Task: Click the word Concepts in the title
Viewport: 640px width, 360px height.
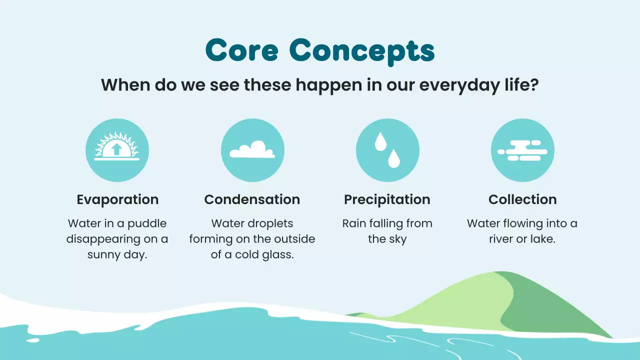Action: (x=361, y=50)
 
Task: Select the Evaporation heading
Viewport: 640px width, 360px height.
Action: (x=117, y=199)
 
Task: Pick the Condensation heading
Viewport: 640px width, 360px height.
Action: (x=252, y=199)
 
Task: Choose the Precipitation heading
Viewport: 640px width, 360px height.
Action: (x=387, y=199)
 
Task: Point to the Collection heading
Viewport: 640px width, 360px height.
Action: (x=522, y=199)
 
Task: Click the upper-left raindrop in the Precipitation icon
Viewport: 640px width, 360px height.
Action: (x=380, y=142)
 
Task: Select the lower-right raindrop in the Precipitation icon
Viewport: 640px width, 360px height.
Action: (x=394, y=158)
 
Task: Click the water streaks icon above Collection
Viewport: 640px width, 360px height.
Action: (x=522, y=150)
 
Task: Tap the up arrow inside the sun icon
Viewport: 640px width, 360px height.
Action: (x=117, y=149)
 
